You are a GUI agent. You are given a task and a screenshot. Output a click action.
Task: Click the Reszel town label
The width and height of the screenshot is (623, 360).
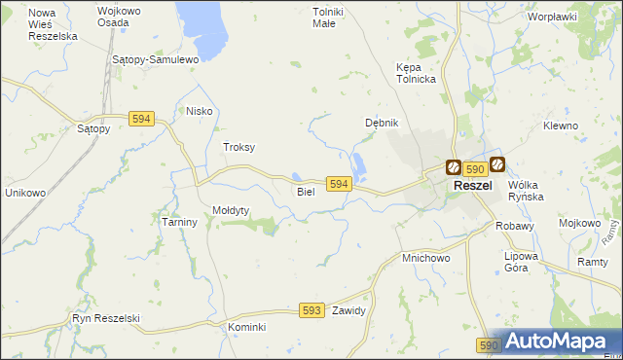pyautogui.click(x=472, y=186)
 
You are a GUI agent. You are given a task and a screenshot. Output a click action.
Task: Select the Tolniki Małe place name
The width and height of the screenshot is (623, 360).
pyautogui.click(x=323, y=18)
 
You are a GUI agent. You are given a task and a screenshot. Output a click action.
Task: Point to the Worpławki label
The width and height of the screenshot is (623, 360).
pyautogui.click(x=552, y=17)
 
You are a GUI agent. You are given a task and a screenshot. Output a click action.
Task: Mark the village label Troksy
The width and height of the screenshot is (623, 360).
pyautogui.click(x=238, y=147)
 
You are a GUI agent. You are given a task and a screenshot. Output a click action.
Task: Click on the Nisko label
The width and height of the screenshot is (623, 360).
pyautogui.click(x=199, y=111)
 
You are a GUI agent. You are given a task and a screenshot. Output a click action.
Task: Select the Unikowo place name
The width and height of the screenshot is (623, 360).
pyautogui.click(x=25, y=193)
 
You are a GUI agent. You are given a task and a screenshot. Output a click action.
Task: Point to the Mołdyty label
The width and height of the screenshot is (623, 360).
pyautogui.click(x=232, y=210)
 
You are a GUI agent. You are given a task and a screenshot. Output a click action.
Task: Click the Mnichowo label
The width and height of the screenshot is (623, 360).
pyautogui.click(x=425, y=259)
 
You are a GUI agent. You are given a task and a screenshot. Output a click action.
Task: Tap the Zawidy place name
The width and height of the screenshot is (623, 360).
pyautogui.click(x=348, y=311)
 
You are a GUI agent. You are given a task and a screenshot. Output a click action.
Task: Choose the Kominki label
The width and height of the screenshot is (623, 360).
pyautogui.click(x=246, y=327)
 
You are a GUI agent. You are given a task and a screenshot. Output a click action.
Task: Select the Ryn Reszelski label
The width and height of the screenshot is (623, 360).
pyautogui.click(x=106, y=318)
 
